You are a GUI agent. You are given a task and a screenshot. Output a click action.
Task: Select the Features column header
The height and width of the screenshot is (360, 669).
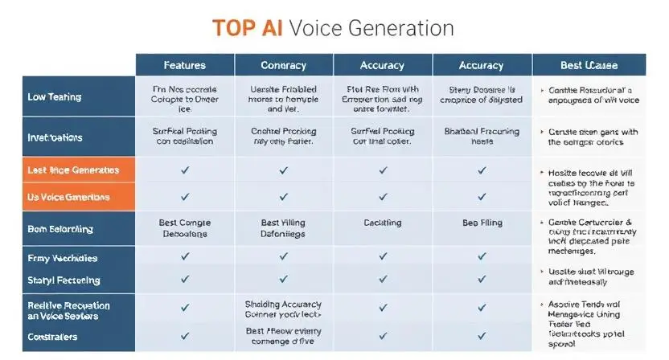[184, 65]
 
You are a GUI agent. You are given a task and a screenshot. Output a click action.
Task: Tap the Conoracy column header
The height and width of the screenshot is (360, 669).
[283, 65]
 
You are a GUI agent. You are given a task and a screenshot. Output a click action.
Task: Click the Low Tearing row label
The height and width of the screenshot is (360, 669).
[54, 97]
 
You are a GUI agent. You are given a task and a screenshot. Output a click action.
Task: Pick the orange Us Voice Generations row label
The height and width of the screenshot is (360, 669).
[68, 197]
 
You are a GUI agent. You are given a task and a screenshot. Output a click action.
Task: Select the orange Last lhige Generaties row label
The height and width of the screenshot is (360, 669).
[72, 170]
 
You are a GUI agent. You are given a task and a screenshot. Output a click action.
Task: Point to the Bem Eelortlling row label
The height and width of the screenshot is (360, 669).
[60, 229]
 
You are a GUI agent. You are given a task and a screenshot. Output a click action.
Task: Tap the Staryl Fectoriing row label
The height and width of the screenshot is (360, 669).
[64, 280]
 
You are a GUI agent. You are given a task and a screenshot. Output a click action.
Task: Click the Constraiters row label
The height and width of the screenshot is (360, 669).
[52, 337]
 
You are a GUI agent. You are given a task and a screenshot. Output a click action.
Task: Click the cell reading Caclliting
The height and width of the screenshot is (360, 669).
[382, 223]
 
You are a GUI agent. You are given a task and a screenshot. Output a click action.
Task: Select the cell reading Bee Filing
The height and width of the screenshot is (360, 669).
[482, 223]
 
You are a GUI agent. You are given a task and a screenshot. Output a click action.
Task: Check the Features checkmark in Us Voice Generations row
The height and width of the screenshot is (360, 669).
[185, 197]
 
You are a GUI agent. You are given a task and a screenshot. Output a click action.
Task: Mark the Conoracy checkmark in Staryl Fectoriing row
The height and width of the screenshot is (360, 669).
[283, 279]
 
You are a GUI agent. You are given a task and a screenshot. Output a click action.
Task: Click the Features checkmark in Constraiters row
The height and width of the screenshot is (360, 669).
[185, 337]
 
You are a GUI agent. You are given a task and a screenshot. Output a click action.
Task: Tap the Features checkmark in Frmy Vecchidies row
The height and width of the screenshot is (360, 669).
[185, 256]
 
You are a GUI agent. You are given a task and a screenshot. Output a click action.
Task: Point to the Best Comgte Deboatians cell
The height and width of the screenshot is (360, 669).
[184, 228]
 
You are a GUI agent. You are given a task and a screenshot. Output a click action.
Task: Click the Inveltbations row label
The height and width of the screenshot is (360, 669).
[55, 137]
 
